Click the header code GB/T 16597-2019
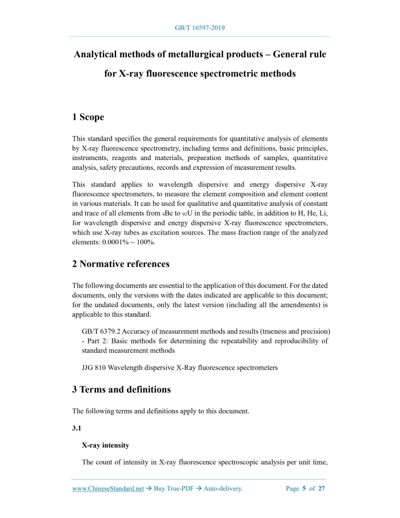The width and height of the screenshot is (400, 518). click(199, 27)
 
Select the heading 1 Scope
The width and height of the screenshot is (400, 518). click(88, 117)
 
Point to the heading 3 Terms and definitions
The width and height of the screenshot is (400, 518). click(121, 389)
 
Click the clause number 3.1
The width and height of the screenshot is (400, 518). click(77, 427)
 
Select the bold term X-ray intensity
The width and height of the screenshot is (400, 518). click(106, 445)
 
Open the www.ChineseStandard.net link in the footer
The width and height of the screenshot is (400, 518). click(107, 489)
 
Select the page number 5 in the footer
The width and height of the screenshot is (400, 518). click(304, 489)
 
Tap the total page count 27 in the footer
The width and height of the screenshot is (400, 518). click(322, 489)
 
